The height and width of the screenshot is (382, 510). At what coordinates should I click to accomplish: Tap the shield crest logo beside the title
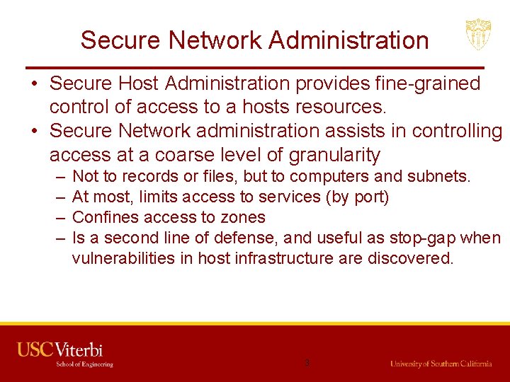coord(478,34)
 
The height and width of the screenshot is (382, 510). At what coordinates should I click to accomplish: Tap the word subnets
coord(442,176)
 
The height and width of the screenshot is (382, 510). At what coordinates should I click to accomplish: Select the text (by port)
coord(358,197)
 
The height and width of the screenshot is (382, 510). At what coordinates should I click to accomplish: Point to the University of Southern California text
coord(441,364)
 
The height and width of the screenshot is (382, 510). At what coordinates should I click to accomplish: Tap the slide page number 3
coord(307,363)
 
